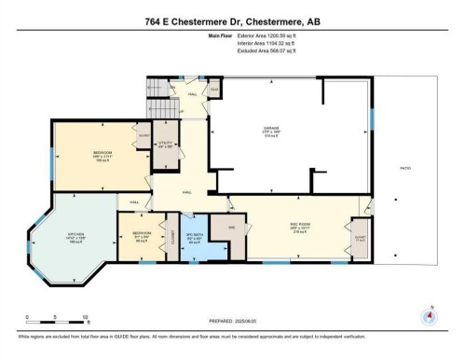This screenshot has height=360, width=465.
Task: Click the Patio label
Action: [x=404, y=168]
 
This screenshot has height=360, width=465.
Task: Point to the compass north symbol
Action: [x=429, y=315]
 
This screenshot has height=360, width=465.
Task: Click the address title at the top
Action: [x=232, y=21]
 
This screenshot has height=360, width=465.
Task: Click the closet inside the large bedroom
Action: [x=144, y=137]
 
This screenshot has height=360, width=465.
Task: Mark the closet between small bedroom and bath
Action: [x=171, y=238]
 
